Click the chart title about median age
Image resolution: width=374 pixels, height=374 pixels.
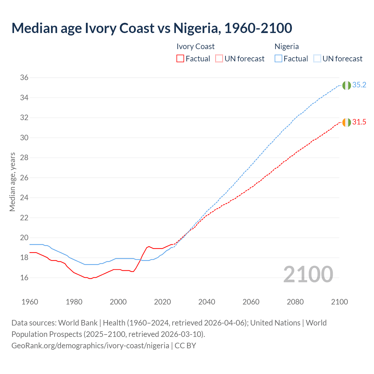pyautogui.click(x=152, y=28)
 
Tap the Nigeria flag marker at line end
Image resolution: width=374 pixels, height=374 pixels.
pyautogui.click(x=347, y=85)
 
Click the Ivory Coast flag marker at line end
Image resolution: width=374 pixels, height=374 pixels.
pyautogui.click(x=347, y=122)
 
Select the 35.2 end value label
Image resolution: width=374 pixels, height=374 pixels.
pyautogui.click(x=359, y=85)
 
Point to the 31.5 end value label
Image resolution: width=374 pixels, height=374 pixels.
pyautogui.click(x=359, y=122)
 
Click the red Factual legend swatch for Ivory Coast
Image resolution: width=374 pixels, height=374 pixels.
pyautogui.click(x=180, y=59)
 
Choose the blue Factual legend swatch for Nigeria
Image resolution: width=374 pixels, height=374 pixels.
pyautogui.click(x=278, y=59)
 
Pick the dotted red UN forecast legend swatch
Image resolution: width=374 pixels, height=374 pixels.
pyautogui.click(x=219, y=59)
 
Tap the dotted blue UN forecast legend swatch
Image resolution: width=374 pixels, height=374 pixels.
pyautogui.click(x=317, y=59)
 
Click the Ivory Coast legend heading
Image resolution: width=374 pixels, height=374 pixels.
pyautogui.click(x=195, y=46)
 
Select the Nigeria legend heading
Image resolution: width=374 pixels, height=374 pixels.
pyautogui.click(x=287, y=46)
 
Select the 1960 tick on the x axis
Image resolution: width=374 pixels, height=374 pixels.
pyautogui.click(x=30, y=302)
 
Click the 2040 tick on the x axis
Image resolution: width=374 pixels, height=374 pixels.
pyautogui.click(x=207, y=302)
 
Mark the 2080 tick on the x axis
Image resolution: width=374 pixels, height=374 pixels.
pyautogui.click(x=295, y=302)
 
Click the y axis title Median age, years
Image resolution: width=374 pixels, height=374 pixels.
pyautogui.click(x=12, y=182)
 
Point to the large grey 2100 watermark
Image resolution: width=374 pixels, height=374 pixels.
pyautogui.click(x=308, y=274)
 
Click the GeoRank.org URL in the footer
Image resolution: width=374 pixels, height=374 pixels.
pyautogui.click(x=90, y=346)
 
